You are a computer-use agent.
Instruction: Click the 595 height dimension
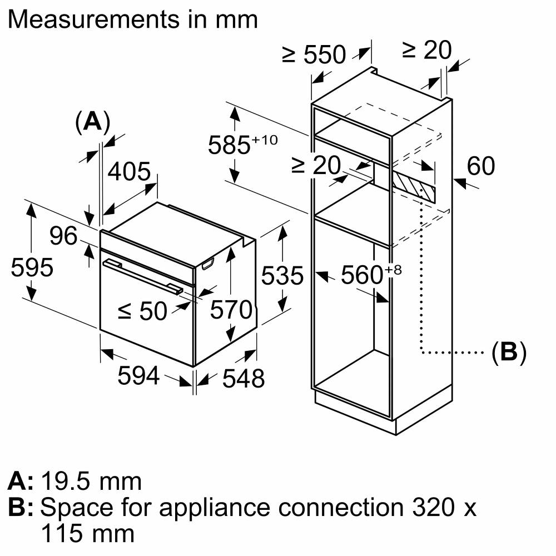[32, 267]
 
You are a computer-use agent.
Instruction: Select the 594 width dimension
[138, 376]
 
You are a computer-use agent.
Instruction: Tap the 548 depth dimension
[243, 379]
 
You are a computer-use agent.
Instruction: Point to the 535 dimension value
[284, 276]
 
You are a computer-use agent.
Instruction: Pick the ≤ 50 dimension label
[142, 312]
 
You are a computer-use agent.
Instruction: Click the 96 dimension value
[63, 236]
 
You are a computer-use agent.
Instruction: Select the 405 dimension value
[129, 172]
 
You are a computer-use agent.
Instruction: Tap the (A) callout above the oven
[92, 122]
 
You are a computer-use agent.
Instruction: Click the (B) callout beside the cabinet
[509, 353]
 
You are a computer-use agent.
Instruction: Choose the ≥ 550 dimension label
[314, 55]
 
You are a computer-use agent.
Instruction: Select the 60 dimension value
[480, 166]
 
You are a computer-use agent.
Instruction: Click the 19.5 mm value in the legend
[91, 481]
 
